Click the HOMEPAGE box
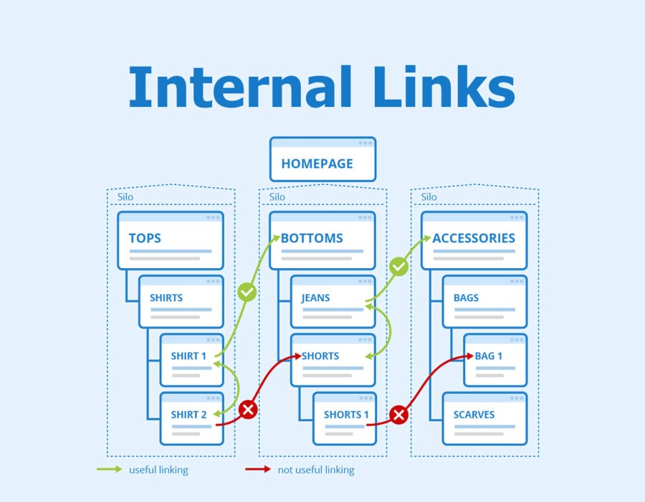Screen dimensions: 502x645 click(322, 160)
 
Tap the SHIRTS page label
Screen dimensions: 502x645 click(166, 298)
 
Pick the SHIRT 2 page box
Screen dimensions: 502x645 click(192, 418)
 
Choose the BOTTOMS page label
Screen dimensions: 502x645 click(312, 238)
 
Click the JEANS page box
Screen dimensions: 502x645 click(333, 302)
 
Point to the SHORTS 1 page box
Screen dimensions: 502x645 click(343, 418)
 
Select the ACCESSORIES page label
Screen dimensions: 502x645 click(474, 238)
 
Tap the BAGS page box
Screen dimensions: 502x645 click(484, 302)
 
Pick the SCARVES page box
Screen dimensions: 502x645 click(484, 418)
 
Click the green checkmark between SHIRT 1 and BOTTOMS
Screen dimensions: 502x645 click(247, 292)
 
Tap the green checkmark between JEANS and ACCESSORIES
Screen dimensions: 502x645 click(398, 267)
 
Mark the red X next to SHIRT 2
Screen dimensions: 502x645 click(248, 409)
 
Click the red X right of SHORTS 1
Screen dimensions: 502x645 click(399, 415)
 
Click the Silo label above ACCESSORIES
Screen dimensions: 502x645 click(429, 197)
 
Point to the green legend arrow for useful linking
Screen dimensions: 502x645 click(109, 470)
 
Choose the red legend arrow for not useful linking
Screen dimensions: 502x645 click(257, 470)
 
